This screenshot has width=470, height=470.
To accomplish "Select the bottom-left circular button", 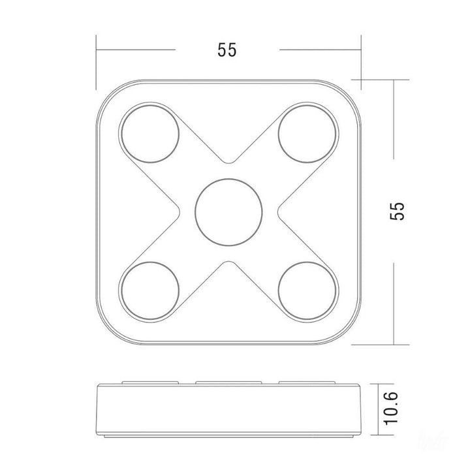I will [x=149, y=290].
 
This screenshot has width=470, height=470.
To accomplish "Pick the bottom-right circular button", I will [x=308, y=290].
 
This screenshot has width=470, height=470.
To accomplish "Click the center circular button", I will [x=228, y=210].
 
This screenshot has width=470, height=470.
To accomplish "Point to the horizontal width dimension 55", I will [x=227, y=50].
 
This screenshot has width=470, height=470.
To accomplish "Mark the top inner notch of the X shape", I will [x=228, y=161].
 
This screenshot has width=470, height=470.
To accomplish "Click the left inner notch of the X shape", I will [x=179, y=210].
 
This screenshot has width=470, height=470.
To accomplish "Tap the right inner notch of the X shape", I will [x=279, y=210].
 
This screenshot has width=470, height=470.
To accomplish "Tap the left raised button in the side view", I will [x=149, y=382].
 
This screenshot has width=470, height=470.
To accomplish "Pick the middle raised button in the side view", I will [x=228, y=382].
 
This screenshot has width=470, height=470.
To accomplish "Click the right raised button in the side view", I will [x=307, y=382].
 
